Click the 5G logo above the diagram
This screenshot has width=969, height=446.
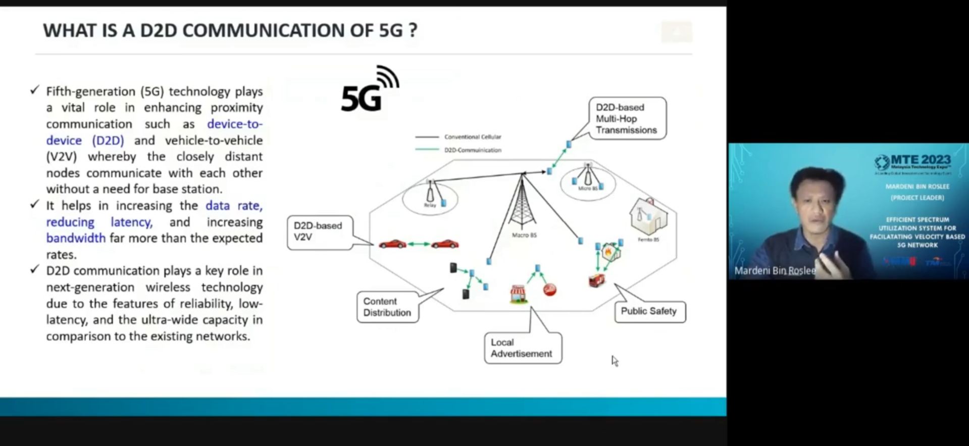(369, 91)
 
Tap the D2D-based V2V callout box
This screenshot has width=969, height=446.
(320, 232)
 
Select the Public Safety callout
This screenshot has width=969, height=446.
(649, 311)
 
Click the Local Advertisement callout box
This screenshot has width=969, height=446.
(523, 348)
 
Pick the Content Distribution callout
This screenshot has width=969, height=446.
(387, 307)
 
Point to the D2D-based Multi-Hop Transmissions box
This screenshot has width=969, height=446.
(627, 119)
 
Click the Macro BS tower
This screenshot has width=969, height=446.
(522, 202)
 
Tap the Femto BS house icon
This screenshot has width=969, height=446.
(648, 216)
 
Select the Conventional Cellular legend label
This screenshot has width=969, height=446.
(473, 137)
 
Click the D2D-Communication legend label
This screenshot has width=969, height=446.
(473, 150)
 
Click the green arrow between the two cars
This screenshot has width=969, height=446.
(419, 244)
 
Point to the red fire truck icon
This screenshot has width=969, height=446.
(596, 281)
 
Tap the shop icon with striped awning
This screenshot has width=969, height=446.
(518, 294)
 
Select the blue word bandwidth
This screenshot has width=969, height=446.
(76, 238)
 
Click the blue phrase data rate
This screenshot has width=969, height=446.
(234, 206)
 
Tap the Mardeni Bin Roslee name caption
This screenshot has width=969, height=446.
(775, 271)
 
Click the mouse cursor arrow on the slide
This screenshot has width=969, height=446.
(614, 360)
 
